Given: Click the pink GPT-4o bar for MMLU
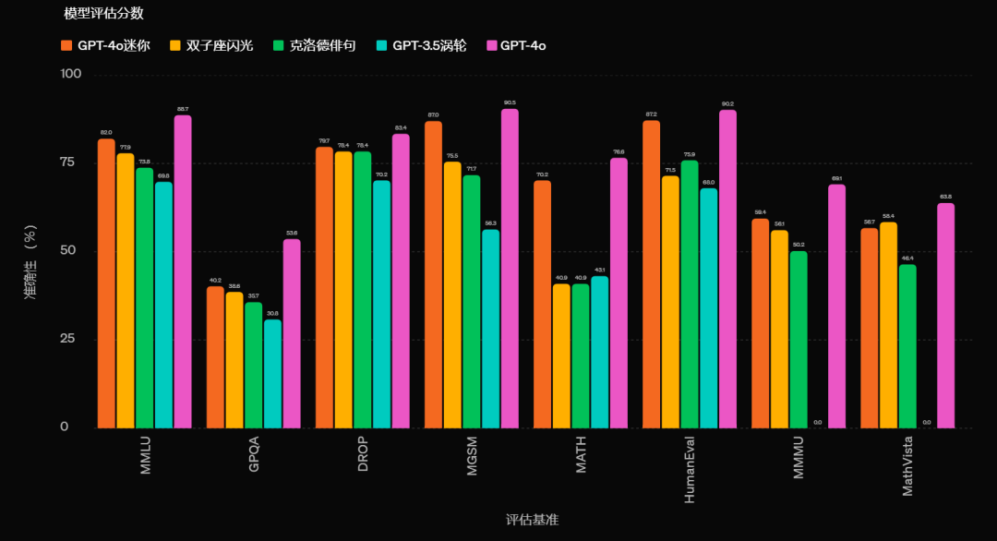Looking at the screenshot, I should tap(183, 271).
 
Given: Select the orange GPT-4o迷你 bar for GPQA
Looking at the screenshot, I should tap(215, 357).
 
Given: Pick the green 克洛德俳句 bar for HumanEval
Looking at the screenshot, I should tap(690, 295).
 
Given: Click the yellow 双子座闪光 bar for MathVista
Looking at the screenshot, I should tap(888, 325).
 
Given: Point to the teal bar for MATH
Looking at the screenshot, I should tap(599, 352).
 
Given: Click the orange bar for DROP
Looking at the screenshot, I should tap(324, 287).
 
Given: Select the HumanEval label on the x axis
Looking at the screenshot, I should tap(690, 469).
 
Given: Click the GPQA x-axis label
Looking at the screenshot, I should tap(254, 454).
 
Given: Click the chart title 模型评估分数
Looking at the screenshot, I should tap(103, 14).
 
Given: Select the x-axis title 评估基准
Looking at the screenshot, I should tap(532, 521).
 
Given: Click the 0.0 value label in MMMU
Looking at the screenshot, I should tap(817, 423).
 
